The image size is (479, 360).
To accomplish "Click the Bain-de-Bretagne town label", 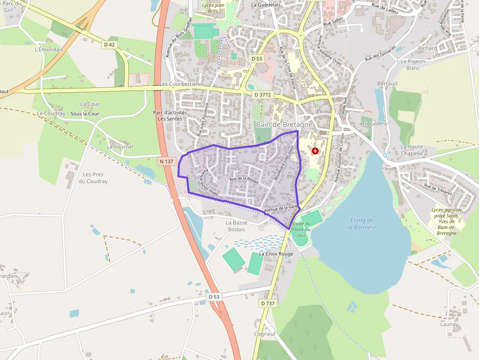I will [283, 125].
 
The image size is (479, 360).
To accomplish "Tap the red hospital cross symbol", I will [315, 151].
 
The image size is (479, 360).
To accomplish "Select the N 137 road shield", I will [166, 161].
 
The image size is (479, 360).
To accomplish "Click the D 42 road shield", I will [109, 45].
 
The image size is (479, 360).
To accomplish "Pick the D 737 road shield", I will [267, 303].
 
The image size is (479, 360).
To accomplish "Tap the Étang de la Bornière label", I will [362, 223].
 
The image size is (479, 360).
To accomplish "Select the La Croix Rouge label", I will [276, 254].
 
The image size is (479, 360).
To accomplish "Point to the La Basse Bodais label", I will [236, 226].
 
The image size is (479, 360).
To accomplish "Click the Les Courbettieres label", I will [181, 84].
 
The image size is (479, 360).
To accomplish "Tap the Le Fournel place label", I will [120, 147].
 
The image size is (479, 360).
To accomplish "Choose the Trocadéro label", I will [374, 124].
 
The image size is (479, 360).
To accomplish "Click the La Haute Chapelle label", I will [412, 149].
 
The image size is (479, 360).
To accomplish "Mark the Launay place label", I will [449, 324].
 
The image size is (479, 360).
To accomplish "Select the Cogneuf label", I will [265, 334].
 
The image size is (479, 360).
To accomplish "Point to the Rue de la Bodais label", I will [244, 180].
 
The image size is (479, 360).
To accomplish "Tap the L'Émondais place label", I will [49, 49].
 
